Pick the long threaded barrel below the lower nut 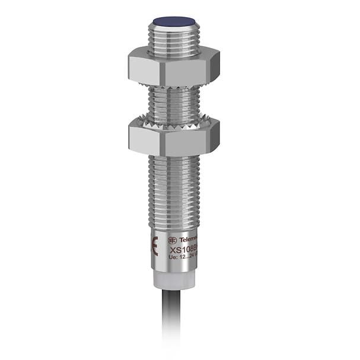coord(173,190)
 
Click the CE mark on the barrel coord(155,245)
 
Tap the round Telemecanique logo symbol coord(172,240)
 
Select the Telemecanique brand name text coord(188,238)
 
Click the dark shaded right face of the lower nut coord(211,138)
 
